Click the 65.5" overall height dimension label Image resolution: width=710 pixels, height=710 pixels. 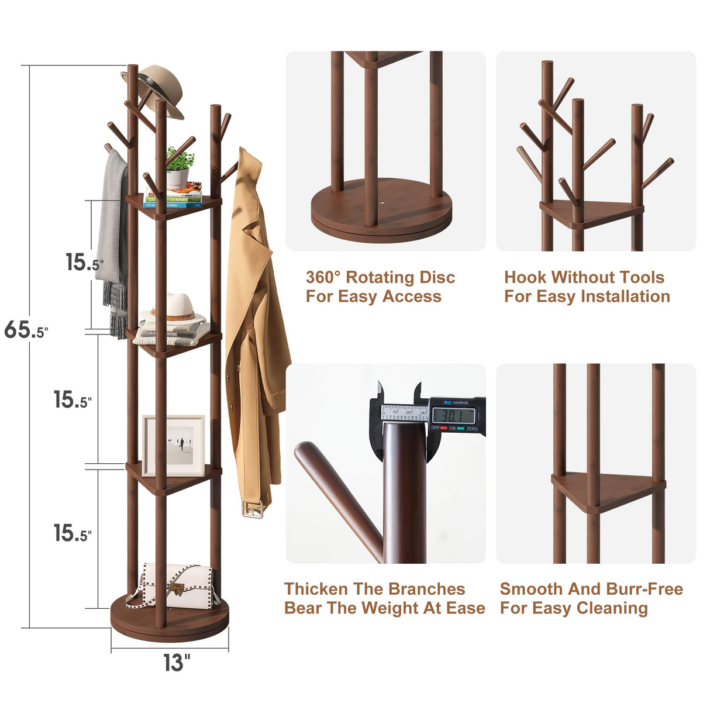pos(26,330)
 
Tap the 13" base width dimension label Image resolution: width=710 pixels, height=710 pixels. pos(176,663)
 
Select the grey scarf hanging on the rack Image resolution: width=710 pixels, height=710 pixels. pos(113,234)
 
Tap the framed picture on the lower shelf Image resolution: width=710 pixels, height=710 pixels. pos(174,445)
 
